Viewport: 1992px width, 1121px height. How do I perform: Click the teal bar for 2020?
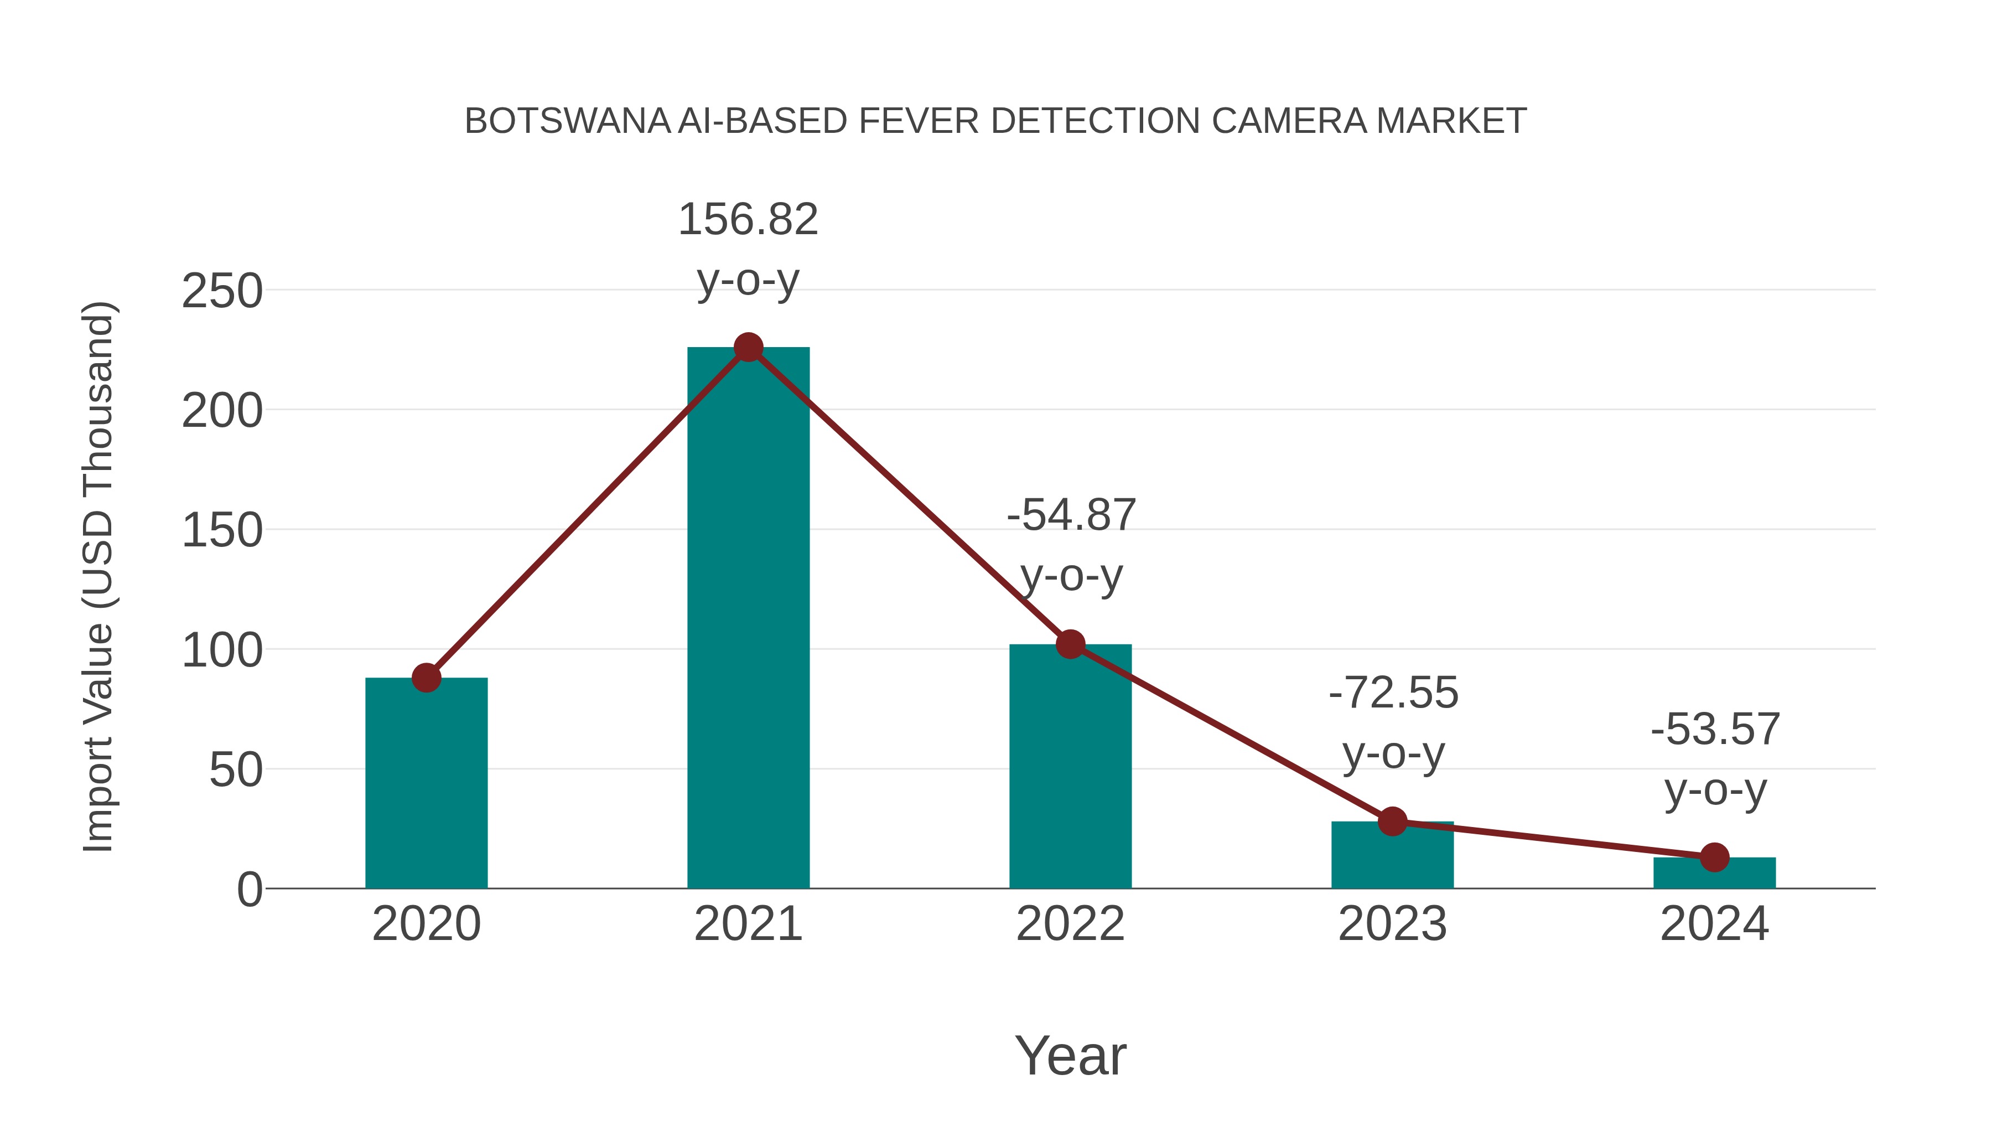click(426, 783)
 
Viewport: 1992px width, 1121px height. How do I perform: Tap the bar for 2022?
click(1070, 766)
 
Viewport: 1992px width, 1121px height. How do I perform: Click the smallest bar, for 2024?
click(1714, 874)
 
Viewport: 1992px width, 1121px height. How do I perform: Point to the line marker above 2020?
click(426, 678)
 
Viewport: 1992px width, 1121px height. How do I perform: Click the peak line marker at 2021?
click(748, 347)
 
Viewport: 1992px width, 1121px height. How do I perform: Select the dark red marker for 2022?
click(1070, 644)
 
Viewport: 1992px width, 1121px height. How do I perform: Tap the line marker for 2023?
click(1392, 822)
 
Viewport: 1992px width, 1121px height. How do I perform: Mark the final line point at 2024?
click(1714, 857)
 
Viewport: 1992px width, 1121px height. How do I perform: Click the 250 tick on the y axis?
click(222, 292)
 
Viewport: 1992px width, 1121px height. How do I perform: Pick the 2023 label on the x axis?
click(1392, 924)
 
